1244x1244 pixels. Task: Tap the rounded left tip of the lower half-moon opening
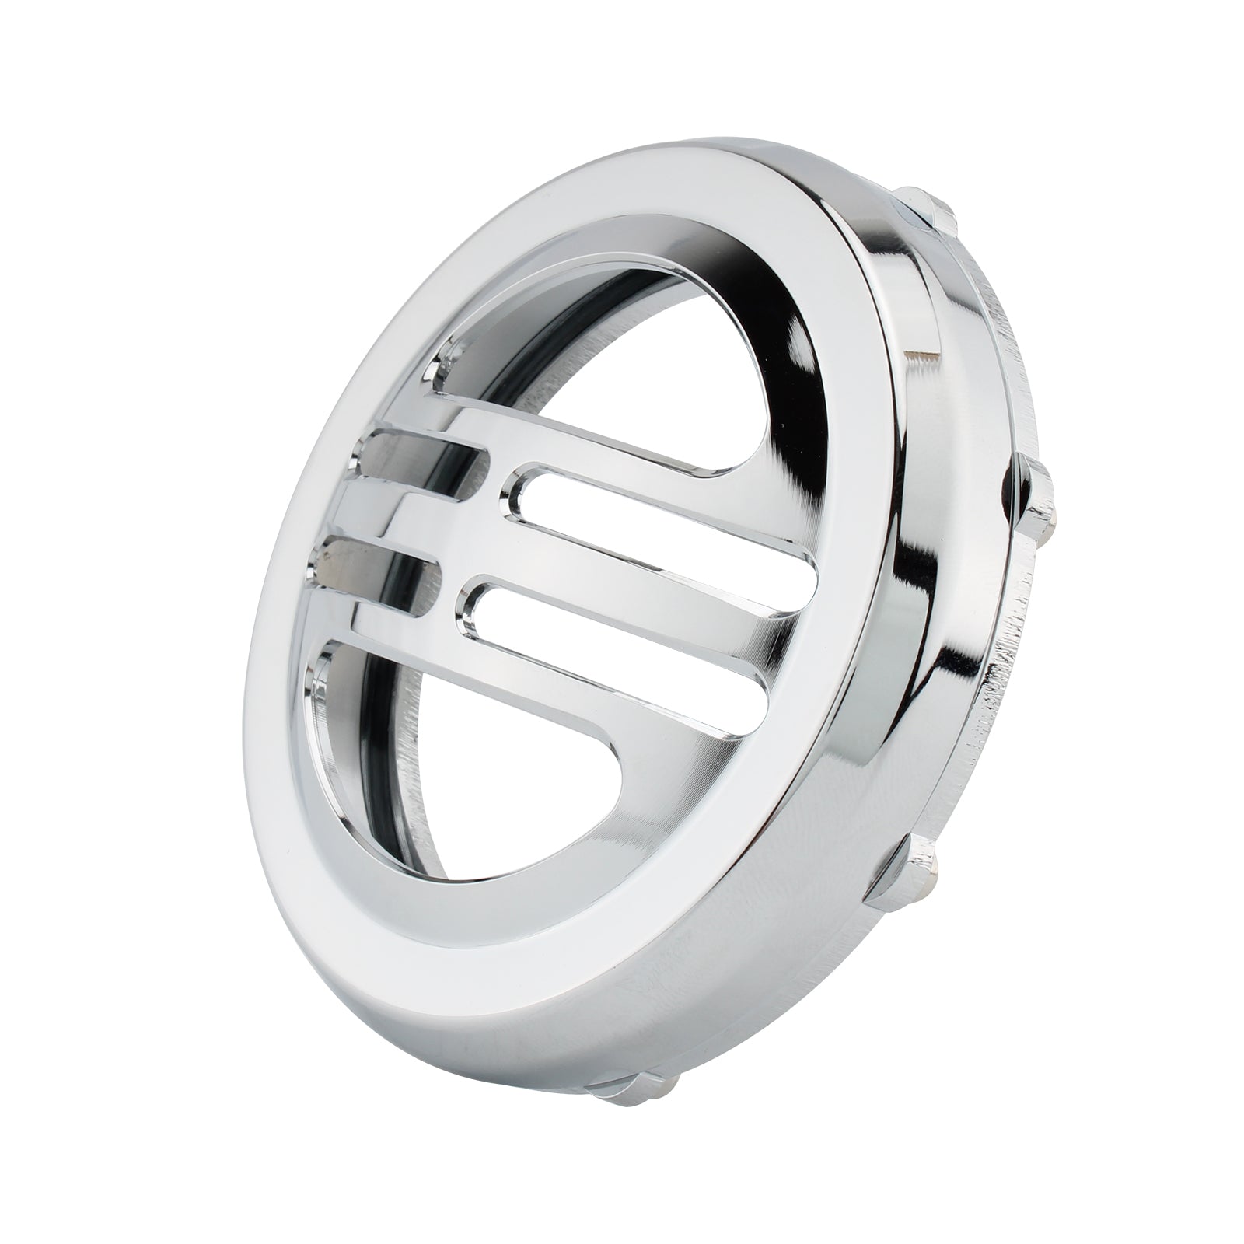327,661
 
